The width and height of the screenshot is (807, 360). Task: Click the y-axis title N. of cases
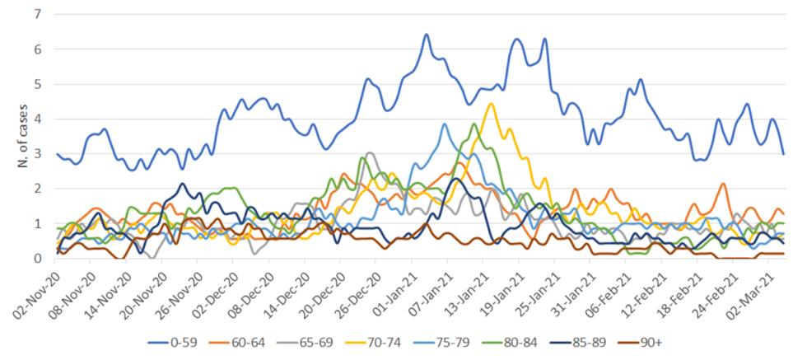click(x=21, y=137)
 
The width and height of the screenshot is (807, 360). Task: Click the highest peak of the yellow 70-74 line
click(x=491, y=104)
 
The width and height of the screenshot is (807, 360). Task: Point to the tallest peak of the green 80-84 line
click(x=474, y=124)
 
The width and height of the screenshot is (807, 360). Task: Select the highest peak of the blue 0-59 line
click(x=426, y=35)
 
